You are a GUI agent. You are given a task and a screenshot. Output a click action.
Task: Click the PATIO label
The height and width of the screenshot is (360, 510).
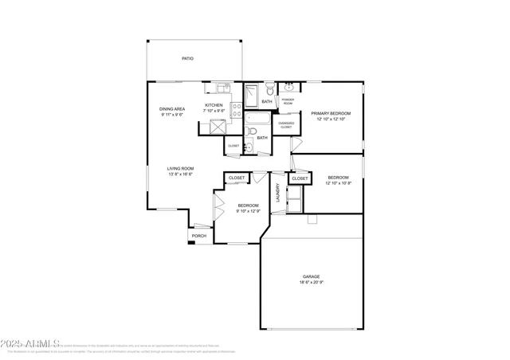pyautogui.click(x=187, y=59)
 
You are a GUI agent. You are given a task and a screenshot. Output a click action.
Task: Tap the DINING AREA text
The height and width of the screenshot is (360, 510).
pyautogui.click(x=171, y=109)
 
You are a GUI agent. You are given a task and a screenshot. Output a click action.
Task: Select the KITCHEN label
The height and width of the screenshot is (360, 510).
pyautogui.click(x=214, y=105)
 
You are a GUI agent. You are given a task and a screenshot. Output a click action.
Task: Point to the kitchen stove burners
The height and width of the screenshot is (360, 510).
pyautogui.click(x=236, y=110)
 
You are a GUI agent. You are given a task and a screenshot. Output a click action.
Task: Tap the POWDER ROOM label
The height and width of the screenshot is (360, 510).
pyautogui.click(x=287, y=101)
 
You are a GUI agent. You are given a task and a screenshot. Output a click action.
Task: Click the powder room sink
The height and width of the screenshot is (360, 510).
pyautogui.click(x=288, y=87)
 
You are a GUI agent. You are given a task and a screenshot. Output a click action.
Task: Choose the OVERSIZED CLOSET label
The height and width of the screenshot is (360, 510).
pyautogui.click(x=287, y=124)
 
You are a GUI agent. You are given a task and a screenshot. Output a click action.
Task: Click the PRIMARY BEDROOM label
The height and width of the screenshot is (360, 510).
pyautogui.click(x=331, y=114)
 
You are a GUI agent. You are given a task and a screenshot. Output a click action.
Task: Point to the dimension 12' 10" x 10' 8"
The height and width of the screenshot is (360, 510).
pyautogui.click(x=339, y=183)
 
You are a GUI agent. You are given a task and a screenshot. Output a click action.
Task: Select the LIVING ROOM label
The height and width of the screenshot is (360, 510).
pyautogui.click(x=180, y=168)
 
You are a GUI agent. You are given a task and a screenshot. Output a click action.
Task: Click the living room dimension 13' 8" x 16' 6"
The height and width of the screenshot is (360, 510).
pyautogui.click(x=180, y=174)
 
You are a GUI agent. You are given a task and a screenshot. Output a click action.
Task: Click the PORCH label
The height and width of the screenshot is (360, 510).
pyautogui.click(x=198, y=236)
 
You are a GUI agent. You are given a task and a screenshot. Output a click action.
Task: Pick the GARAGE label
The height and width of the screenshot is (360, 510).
pyautogui.click(x=311, y=276)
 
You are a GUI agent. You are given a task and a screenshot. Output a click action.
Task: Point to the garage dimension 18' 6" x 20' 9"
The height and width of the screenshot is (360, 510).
pyautogui.click(x=311, y=283)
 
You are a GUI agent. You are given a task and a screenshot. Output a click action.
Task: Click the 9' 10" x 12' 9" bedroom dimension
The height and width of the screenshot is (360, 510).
pyautogui.click(x=248, y=211)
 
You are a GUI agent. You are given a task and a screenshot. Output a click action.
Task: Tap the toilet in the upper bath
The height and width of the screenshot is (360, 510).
pyautogui.click(x=271, y=88)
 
